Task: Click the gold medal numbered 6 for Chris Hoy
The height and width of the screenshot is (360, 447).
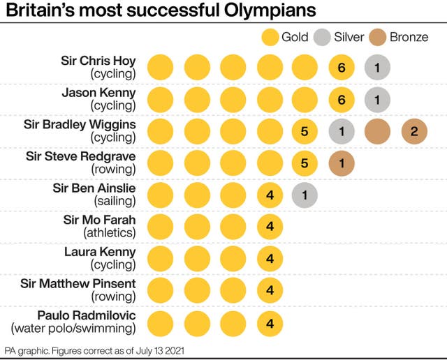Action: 342,67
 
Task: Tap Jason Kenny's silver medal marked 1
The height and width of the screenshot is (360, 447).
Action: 377,99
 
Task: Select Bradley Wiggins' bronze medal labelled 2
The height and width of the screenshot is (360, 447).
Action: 414,131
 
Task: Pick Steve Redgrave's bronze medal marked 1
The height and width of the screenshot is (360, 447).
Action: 342,163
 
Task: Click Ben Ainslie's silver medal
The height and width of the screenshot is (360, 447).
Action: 305,195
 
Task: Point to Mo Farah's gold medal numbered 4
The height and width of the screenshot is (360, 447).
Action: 270,227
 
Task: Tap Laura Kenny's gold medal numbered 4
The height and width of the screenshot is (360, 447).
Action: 270,260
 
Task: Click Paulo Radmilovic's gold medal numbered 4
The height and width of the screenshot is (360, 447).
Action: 270,324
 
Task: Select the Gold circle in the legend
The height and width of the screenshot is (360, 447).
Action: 270,36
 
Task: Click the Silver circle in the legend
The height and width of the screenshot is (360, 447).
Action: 322,36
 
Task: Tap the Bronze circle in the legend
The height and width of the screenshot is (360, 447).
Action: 378,36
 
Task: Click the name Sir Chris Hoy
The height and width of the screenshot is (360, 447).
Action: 98,60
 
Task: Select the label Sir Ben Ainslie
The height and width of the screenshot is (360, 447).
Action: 94,188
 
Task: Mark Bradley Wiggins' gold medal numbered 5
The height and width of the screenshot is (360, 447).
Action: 305,131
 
